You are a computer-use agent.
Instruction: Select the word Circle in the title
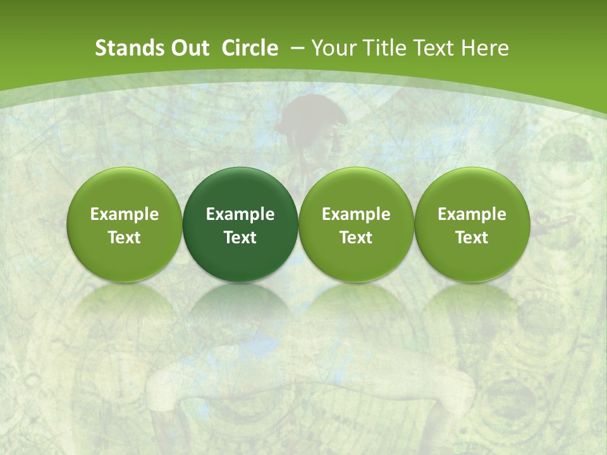tap(250, 48)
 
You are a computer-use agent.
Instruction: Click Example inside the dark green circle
tap(240, 214)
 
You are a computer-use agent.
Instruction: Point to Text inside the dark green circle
tap(240, 238)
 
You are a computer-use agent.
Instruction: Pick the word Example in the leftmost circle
tap(124, 214)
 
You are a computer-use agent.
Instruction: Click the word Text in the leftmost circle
tap(124, 238)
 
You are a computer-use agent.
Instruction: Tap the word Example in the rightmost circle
tap(472, 214)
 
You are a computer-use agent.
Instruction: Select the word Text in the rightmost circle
tap(472, 238)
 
